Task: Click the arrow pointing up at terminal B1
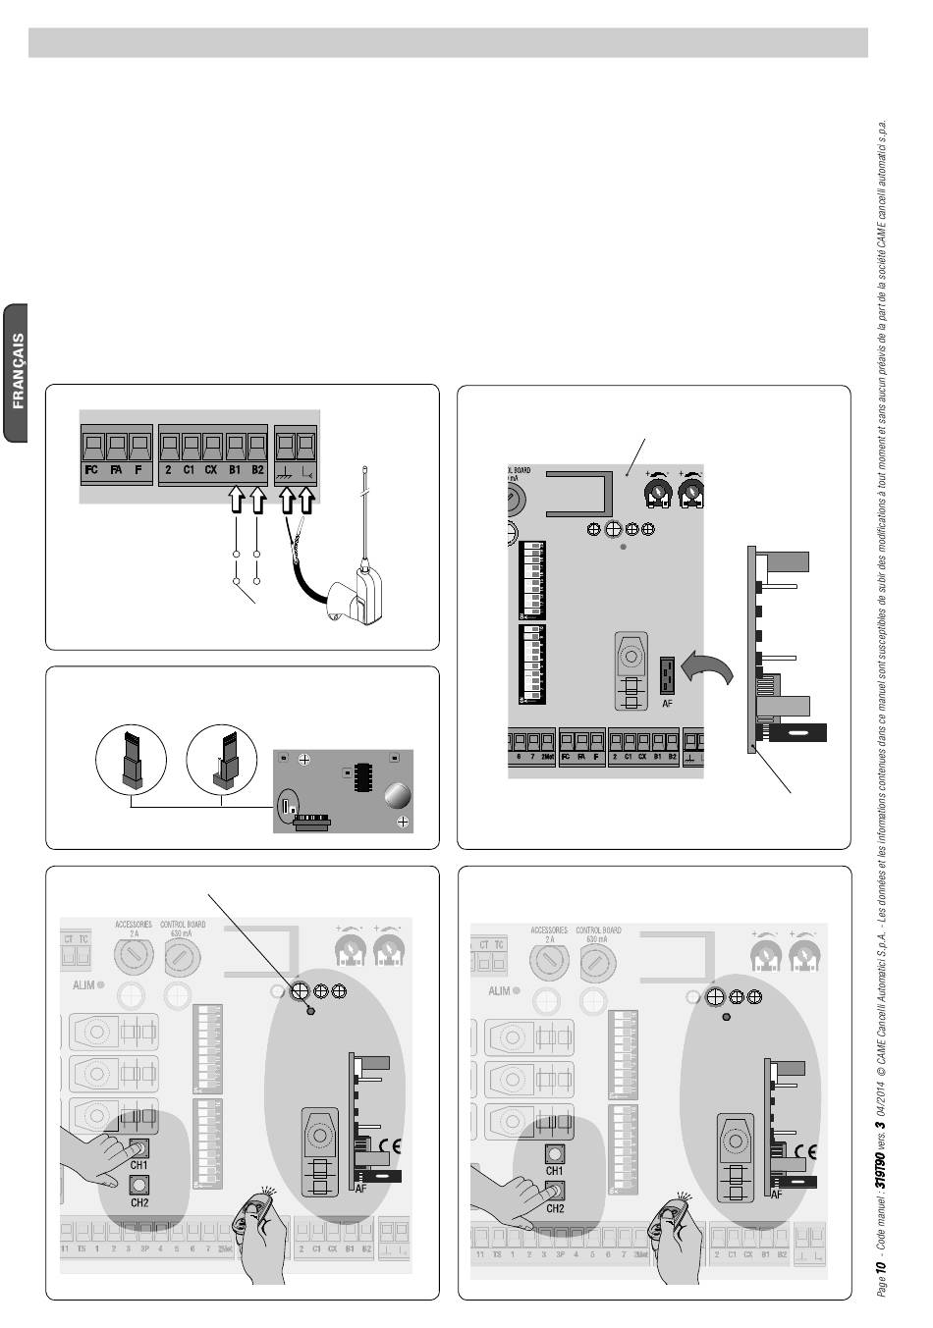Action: coord(236,501)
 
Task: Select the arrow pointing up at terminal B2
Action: coord(257,501)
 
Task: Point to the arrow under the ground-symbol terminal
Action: coord(287,501)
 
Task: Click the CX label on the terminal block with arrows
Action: coord(211,470)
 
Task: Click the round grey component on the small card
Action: coord(397,793)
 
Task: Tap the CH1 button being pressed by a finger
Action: coord(138,1146)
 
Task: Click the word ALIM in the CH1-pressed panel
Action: coord(82,983)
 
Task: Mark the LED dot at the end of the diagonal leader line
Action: coord(311,1010)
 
